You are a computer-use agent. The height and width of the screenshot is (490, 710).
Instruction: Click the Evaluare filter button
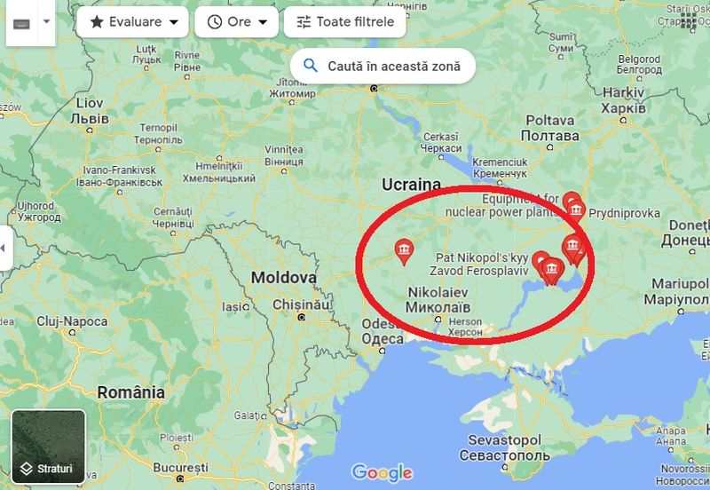click(x=132, y=22)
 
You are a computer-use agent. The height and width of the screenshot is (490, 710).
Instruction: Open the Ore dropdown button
click(x=236, y=22)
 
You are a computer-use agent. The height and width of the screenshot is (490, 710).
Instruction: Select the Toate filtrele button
click(x=344, y=22)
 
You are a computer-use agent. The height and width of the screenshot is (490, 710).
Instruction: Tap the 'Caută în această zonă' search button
click(x=382, y=66)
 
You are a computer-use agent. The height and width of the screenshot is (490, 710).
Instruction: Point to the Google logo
click(x=382, y=472)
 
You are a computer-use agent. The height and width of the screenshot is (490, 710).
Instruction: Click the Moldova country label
click(x=283, y=278)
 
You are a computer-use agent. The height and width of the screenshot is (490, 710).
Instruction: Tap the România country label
click(x=131, y=391)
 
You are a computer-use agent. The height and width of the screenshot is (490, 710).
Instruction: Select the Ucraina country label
click(x=411, y=184)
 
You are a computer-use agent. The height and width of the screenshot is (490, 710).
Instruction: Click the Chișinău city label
click(x=302, y=304)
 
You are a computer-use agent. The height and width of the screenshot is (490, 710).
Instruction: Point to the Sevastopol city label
click(x=504, y=447)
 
